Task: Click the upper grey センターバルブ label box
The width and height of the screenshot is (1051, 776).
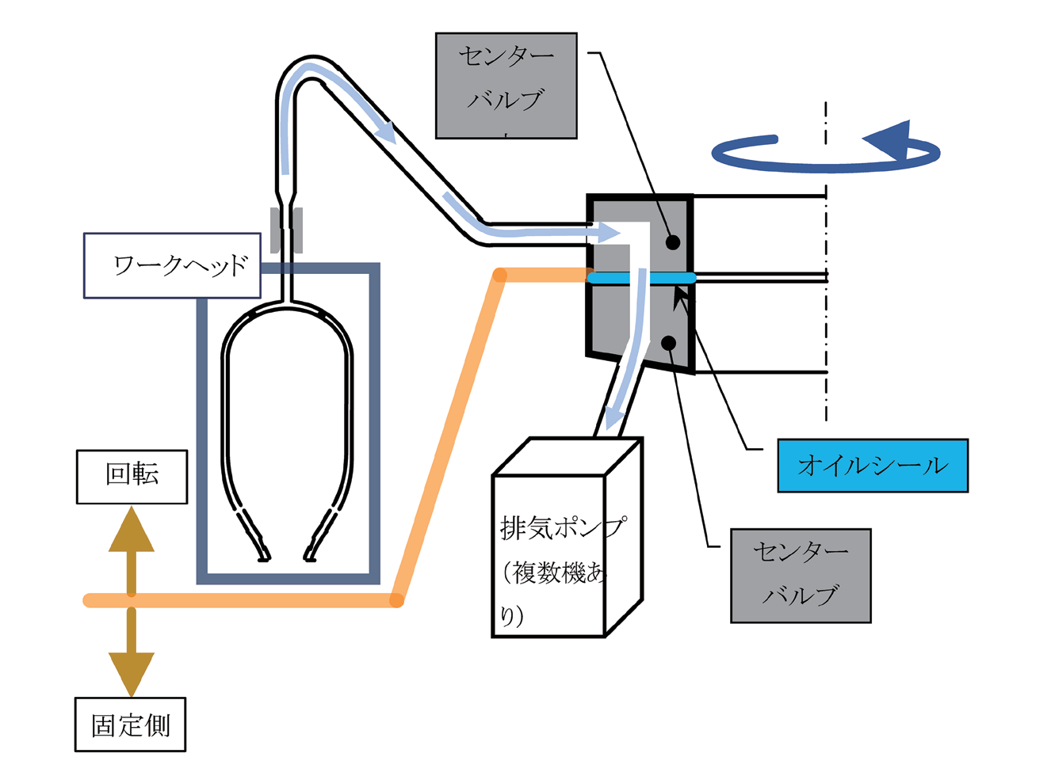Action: point(506,86)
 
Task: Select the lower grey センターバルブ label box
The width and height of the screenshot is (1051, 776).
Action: point(801,576)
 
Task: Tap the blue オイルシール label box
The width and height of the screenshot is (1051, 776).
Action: point(872,466)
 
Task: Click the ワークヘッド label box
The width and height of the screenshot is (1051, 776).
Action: point(172,265)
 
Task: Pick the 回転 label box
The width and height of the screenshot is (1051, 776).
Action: point(132,477)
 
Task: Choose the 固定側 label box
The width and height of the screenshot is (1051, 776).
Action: point(130,725)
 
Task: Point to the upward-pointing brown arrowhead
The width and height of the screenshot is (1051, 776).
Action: point(132,531)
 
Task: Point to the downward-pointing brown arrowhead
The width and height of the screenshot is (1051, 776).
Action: point(132,672)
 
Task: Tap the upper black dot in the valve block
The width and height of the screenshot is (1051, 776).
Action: point(673,242)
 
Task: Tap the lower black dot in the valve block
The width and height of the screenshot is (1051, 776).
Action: point(669,343)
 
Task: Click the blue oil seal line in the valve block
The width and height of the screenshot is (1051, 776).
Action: point(641,278)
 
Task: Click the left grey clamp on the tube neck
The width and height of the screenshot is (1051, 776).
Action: point(275,230)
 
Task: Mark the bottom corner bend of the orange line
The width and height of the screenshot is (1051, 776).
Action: point(396,600)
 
